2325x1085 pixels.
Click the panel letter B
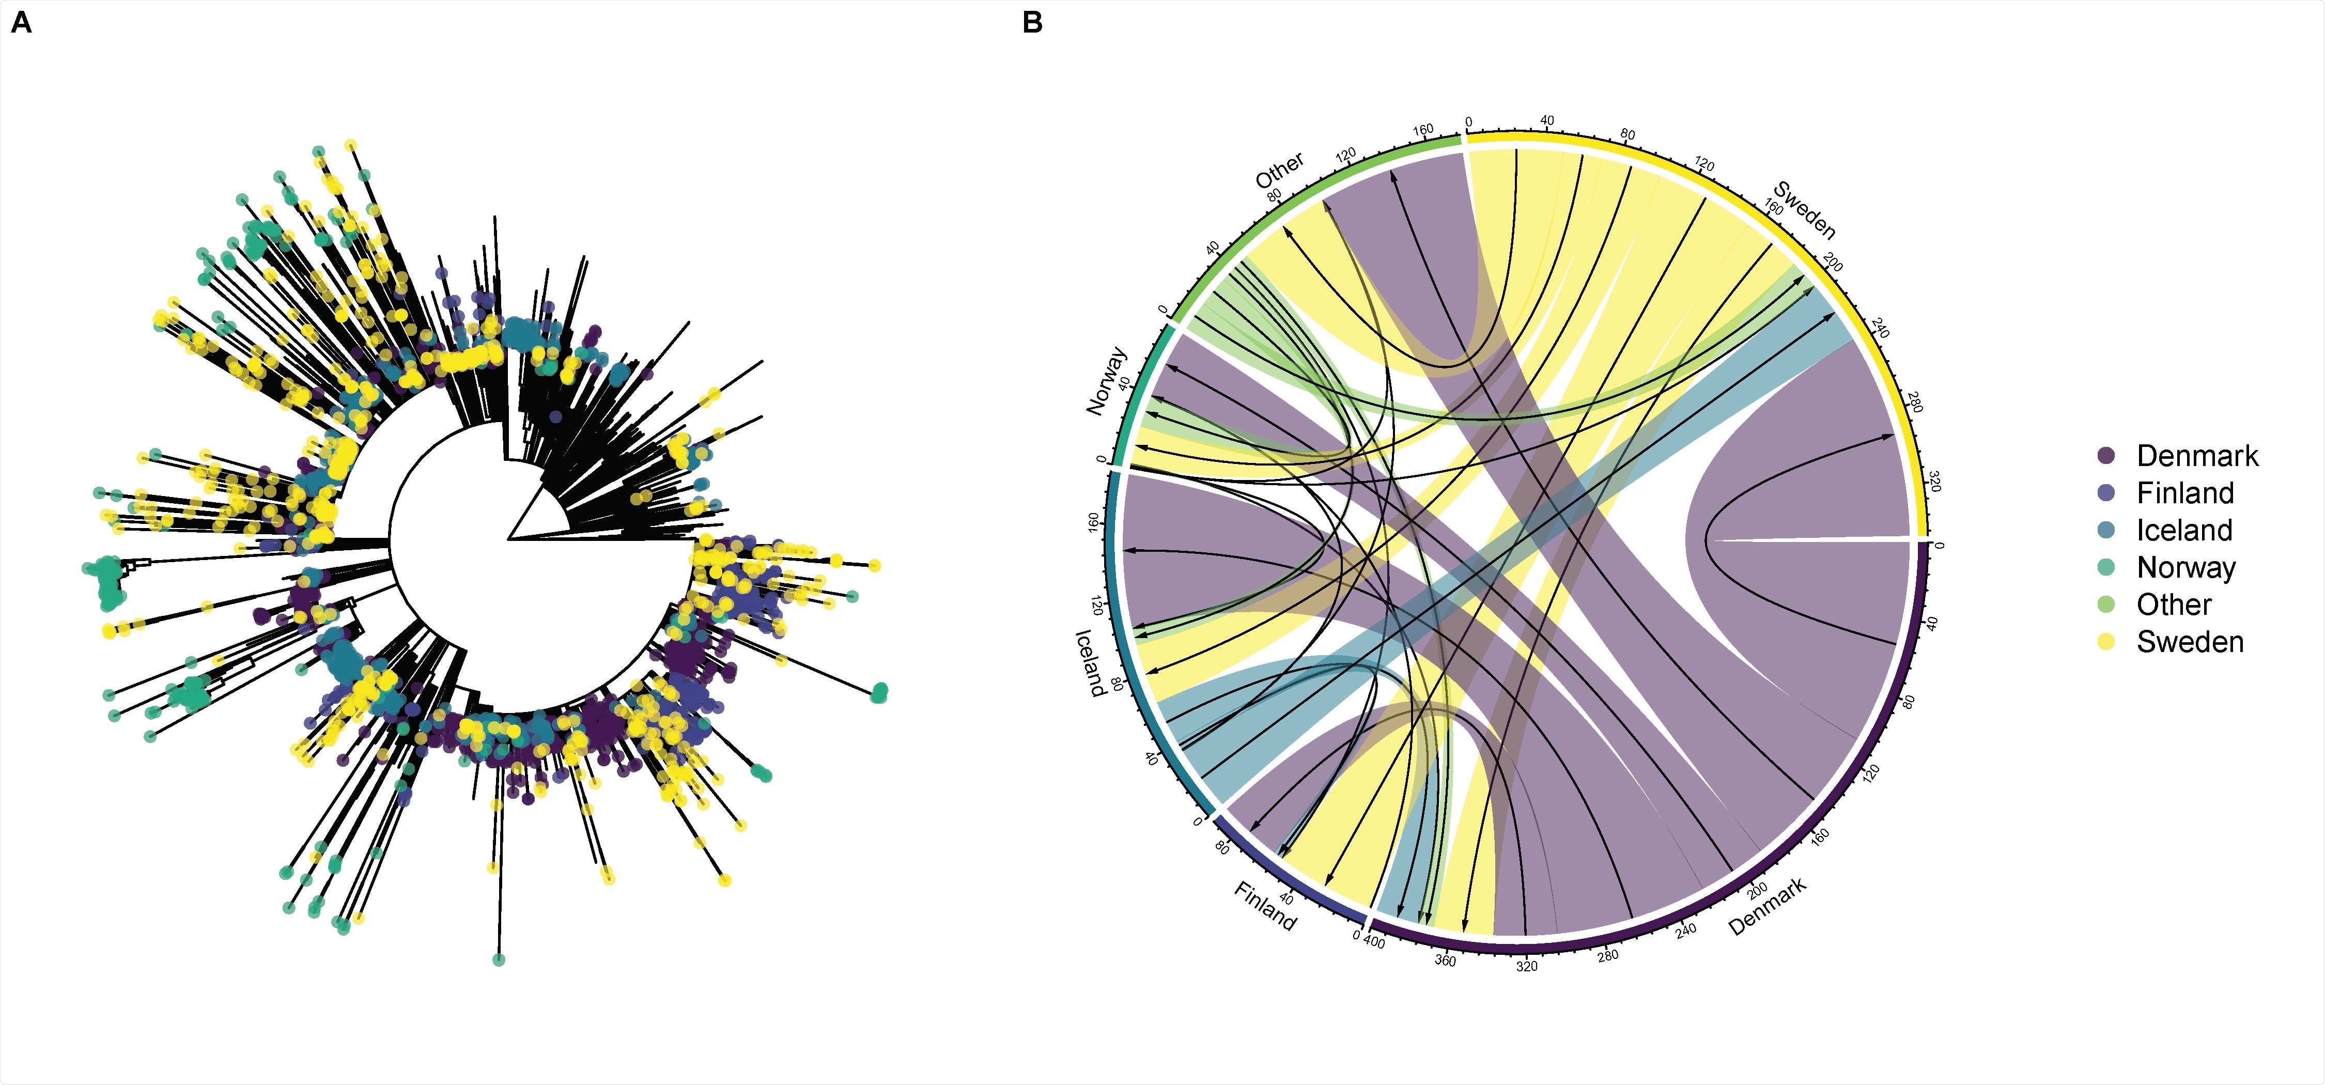pyautogui.click(x=1032, y=23)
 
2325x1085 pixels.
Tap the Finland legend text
pyautogui.click(x=2184, y=494)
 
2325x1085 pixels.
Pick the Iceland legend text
pyautogui.click(x=2184, y=531)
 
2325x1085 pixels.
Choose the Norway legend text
pyautogui.click(x=2186, y=568)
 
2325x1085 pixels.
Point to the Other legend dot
pyautogui.click(x=2106, y=605)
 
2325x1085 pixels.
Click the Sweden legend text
pyautogui.click(x=2190, y=642)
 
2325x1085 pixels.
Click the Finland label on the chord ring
pyautogui.click(x=1264, y=906)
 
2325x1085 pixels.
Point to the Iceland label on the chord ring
pyautogui.click(x=1090, y=662)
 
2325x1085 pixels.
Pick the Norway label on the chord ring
pyautogui.click(x=1107, y=381)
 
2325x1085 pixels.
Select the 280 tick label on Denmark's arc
pyautogui.click(x=1607, y=955)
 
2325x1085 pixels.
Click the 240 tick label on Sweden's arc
pyautogui.click(x=1880, y=327)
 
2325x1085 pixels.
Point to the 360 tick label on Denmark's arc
pyautogui.click(x=1445, y=960)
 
